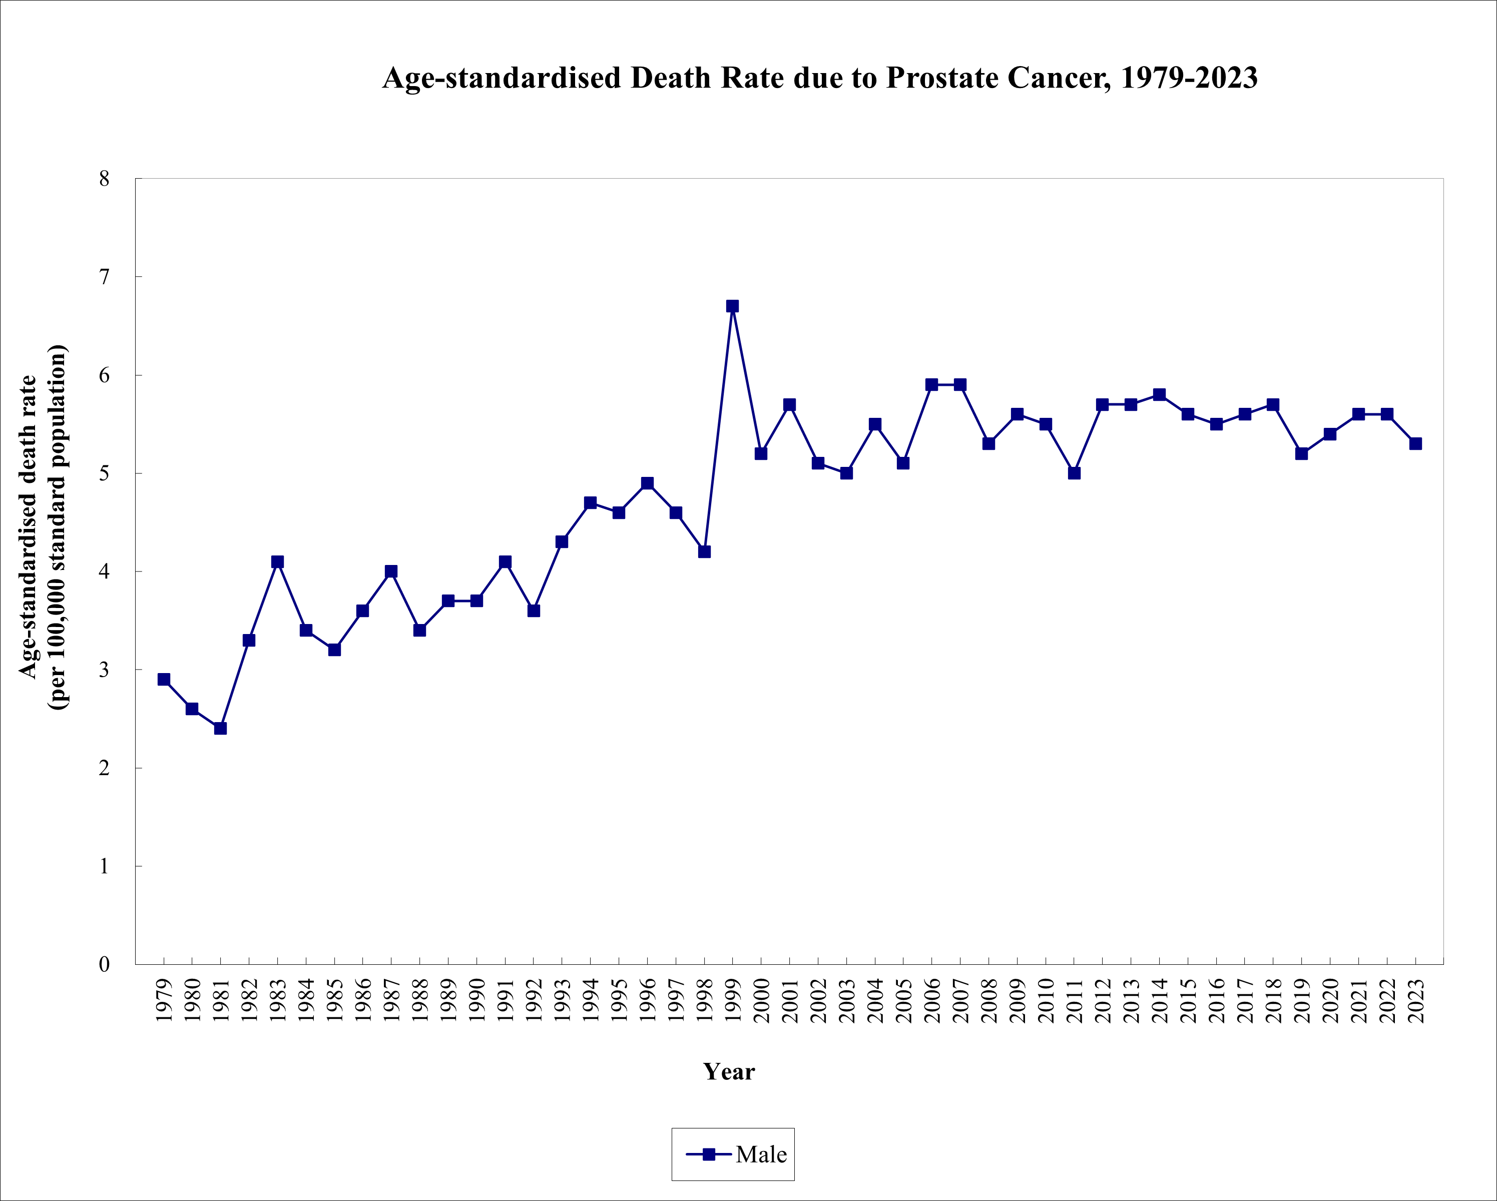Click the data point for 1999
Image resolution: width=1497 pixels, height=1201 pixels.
[x=733, y=306]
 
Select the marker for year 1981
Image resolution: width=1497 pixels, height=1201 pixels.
[x=220, y=728]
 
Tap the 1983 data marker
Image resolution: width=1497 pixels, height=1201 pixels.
[x=277, y=561]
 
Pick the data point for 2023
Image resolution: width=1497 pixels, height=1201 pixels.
[x=1415, y=443]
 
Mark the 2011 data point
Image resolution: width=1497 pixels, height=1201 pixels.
[x=1074, y=473]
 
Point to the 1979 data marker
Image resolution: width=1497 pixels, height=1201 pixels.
[x=164, y=680]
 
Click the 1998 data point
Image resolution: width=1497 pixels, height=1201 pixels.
[x=704, y=552]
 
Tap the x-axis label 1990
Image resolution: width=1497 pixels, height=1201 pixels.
[x=477, y=1001]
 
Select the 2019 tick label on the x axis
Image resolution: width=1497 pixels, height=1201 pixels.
[x=1302, y=1001]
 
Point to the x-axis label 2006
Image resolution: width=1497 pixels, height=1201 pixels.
[x=932, y=1001]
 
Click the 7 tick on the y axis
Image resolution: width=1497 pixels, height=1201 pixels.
[x=104, y=277]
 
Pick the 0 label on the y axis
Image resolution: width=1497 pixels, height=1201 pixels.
[x=104, y=964]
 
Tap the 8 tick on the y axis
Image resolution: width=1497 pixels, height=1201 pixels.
[x=104, y=179]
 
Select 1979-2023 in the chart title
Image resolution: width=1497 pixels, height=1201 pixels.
[x=1188, y=78]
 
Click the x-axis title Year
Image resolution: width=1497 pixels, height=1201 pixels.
[x=728, y=1072]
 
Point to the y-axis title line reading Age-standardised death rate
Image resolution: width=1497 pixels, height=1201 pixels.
[x=28, y=527]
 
